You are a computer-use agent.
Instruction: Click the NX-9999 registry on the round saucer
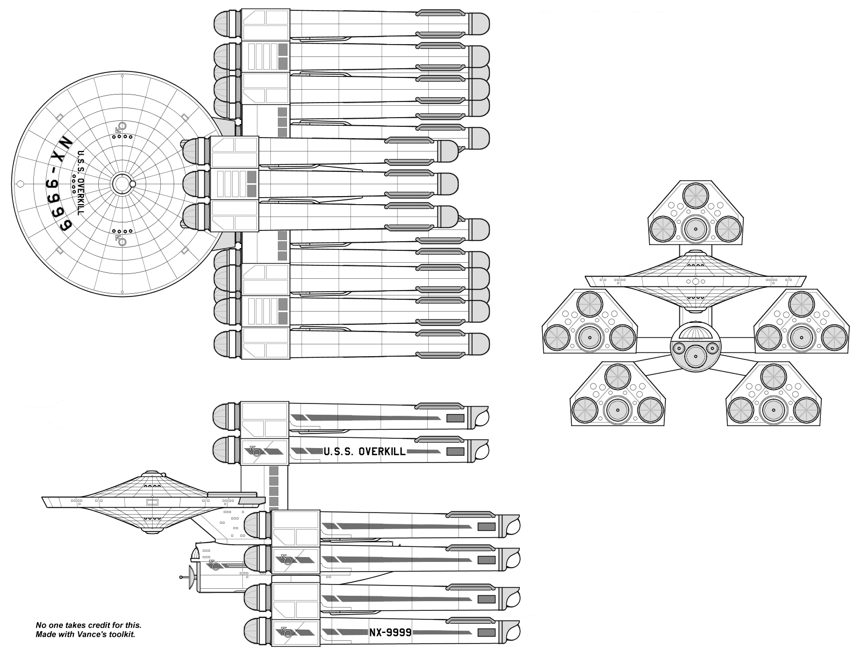58,184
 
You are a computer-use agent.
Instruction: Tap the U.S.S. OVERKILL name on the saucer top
81,183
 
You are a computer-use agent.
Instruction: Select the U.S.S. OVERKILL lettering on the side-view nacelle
364,451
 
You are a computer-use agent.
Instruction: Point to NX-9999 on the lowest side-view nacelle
390,633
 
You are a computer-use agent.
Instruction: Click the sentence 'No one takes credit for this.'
88,625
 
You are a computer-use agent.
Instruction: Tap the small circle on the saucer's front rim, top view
20,184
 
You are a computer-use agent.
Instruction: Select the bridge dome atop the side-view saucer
150,473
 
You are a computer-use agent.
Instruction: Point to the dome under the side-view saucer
150,530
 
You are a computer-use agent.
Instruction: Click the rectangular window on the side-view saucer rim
152,502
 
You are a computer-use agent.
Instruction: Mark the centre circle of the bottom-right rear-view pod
773,410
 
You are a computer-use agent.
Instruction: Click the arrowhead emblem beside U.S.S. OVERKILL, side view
255,451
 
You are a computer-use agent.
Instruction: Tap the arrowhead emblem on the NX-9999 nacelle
286,632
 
